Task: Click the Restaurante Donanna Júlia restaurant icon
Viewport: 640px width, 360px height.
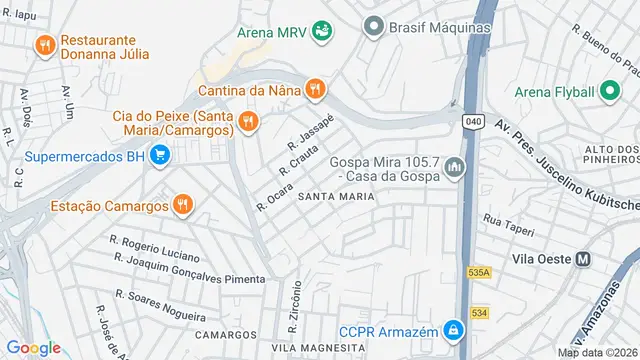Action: tap(44, 45)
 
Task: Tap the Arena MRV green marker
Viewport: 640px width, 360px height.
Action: tap(322, 31)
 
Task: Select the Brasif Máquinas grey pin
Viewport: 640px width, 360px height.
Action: tap(374, 26)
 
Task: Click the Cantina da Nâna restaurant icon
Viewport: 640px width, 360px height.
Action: tap(315, 89)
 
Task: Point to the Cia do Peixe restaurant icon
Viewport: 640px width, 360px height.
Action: tap(248, 123)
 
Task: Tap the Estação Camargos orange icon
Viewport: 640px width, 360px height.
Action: tap(181, 206)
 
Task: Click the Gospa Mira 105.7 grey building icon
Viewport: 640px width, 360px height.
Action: tap(457, 165)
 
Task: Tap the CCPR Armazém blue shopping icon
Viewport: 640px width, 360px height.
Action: tap(453, 327)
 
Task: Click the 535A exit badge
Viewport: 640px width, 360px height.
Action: tap(479, 272)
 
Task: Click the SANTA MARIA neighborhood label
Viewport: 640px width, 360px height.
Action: tap(336, 196)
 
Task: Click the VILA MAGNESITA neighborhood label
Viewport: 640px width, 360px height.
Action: tap(318, 347)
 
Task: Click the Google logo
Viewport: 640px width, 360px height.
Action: tap(34, 347)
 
